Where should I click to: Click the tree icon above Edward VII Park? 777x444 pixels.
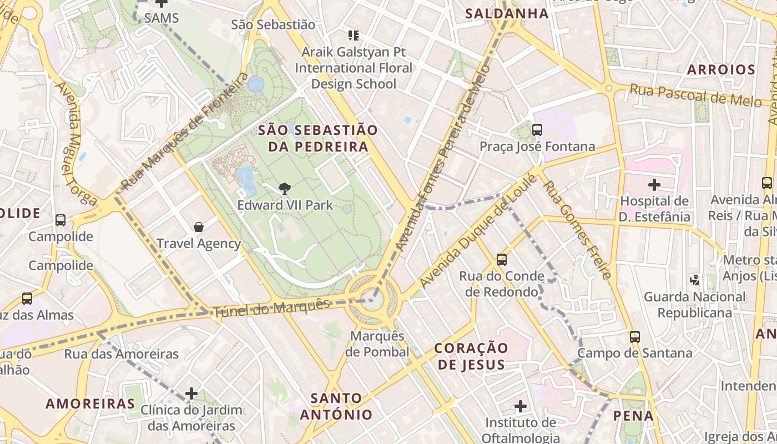tap(285, 189)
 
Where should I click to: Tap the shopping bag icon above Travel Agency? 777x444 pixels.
tap(199, 227)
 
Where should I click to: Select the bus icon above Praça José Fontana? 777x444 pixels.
tap(537, 130)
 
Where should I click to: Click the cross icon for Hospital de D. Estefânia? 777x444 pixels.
tap(654, 184)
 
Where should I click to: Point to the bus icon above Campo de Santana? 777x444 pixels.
tap(635, 336)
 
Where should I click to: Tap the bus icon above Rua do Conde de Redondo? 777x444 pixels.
tap(501, 259)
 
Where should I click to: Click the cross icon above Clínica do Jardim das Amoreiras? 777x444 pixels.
tap(191, 393)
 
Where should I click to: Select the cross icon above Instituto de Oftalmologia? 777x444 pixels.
tap(520, 406)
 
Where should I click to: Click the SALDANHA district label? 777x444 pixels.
tap(507, 14)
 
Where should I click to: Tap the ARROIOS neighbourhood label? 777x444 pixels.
tap(721, 70)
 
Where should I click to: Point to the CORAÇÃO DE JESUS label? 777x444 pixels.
tap(471, 356)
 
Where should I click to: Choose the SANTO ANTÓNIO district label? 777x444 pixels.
tap(336, 406)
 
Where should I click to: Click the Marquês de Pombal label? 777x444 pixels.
tap(377, 344)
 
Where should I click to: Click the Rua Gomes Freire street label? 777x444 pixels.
tap(578, 230)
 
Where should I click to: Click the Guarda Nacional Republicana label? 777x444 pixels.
tap(694, 305)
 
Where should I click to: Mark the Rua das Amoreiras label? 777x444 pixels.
tap(121, 354)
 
